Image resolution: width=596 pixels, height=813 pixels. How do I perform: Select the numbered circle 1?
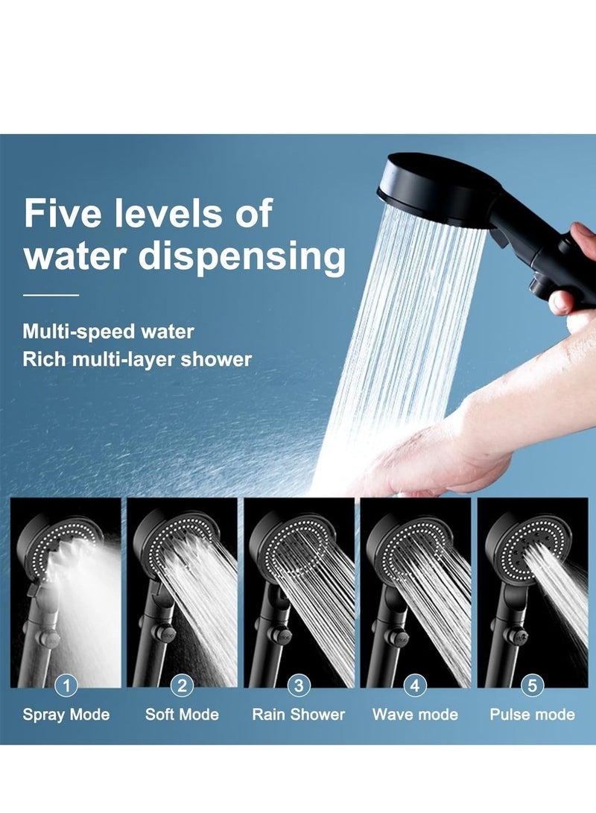[66, 686]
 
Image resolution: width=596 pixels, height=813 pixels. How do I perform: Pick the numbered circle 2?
[182, 686]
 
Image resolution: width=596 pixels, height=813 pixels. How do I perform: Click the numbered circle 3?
[299, 686]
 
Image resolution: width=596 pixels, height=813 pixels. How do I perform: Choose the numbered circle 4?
[415, 686]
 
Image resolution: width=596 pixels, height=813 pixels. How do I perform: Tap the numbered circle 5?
[532, 686]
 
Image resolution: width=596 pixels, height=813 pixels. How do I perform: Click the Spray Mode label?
[66, 715]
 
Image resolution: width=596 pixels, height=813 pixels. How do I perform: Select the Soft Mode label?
[182, 715]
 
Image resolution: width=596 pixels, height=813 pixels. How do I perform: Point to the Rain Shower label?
[299, 715]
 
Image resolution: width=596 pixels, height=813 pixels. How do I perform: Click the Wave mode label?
[415, 715]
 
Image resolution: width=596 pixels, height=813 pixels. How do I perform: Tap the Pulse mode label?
[532, 715]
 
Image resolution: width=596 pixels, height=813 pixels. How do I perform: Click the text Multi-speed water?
[108, 331]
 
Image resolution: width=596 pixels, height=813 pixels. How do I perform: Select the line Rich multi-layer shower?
[137, 359]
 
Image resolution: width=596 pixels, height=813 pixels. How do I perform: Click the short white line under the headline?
[51, 295]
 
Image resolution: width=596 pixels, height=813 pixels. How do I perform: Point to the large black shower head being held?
[432, 183]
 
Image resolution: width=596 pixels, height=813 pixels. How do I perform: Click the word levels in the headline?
[175, 214]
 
